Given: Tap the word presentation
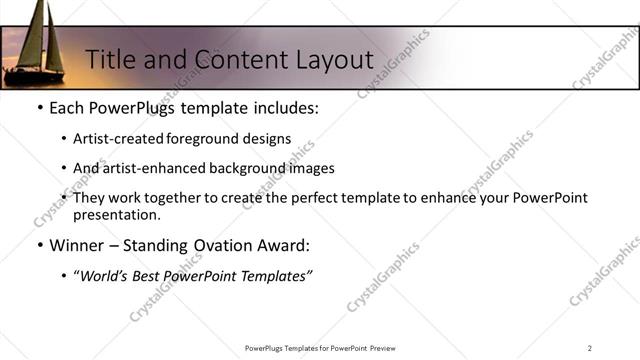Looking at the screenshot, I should click(x=115, y=214).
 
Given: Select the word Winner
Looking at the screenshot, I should click(x=78, y=245).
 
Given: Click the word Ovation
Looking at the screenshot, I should click(x=230, y=245).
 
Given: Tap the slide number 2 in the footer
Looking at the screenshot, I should click(x=589, y=348).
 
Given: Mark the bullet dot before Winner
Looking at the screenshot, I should click(x=39, y=245).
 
